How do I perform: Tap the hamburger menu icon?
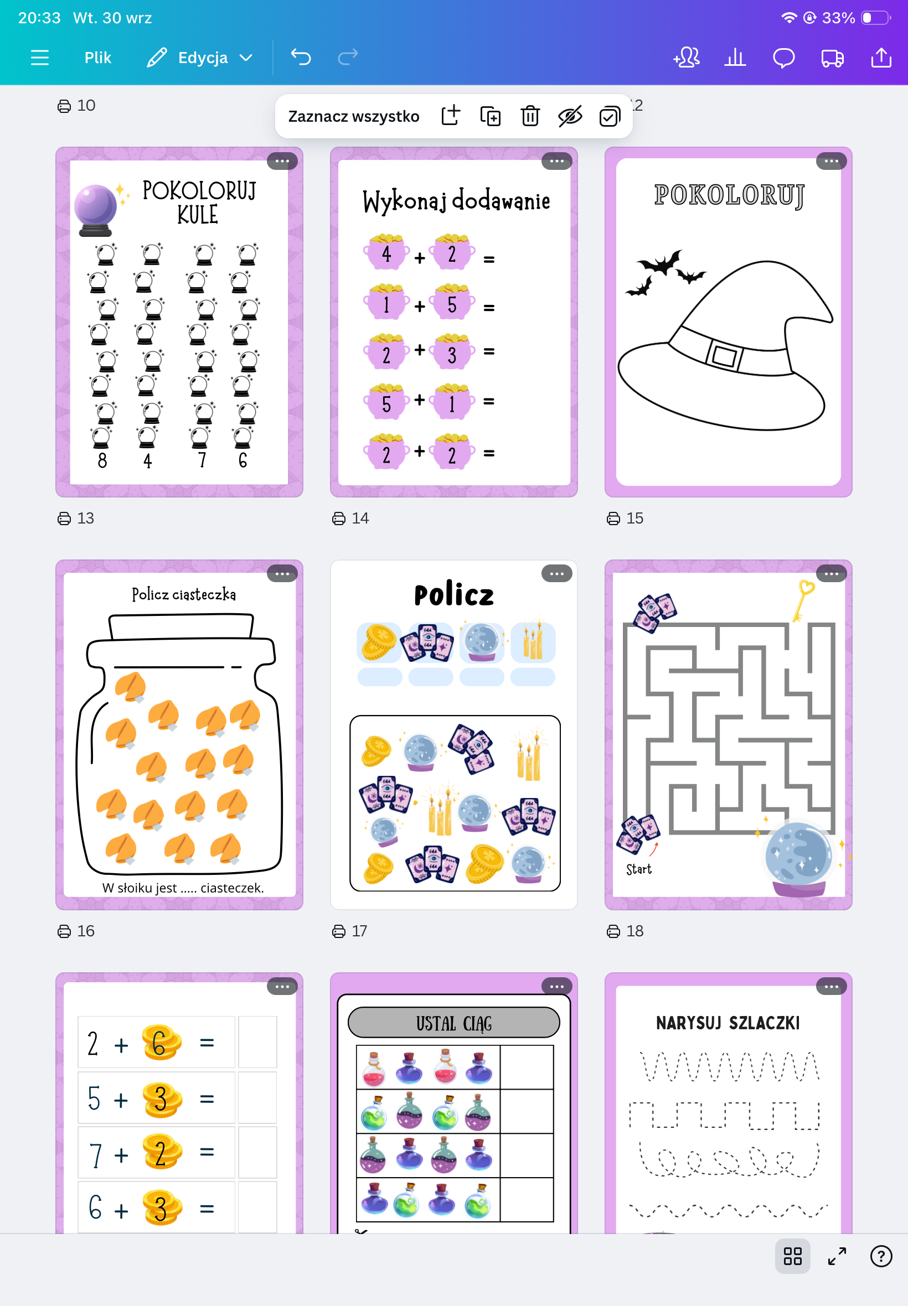click(x=39, y=58)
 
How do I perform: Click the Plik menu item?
click(x=98, y=58)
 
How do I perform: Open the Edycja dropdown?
click(x=200, y=58)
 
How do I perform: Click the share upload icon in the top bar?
click(x=881, y=58)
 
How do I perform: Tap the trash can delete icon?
click(x=530, y=116)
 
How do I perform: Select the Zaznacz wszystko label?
click(x=353, y=116)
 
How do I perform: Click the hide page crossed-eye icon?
click(x=570, y=116)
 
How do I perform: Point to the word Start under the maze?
click(x=638, y=869)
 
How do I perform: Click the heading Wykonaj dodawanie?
click(x=456, y=201)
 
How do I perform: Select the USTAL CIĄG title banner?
click(x=453, y=1023)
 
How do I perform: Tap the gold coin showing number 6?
click(x=161, y=1042)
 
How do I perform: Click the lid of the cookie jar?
click(x=181, y=627)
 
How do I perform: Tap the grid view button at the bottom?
click(x=792, y=1256)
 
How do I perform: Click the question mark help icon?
click(x=881, y=1256)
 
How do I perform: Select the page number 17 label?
click(x=349, y=931)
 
